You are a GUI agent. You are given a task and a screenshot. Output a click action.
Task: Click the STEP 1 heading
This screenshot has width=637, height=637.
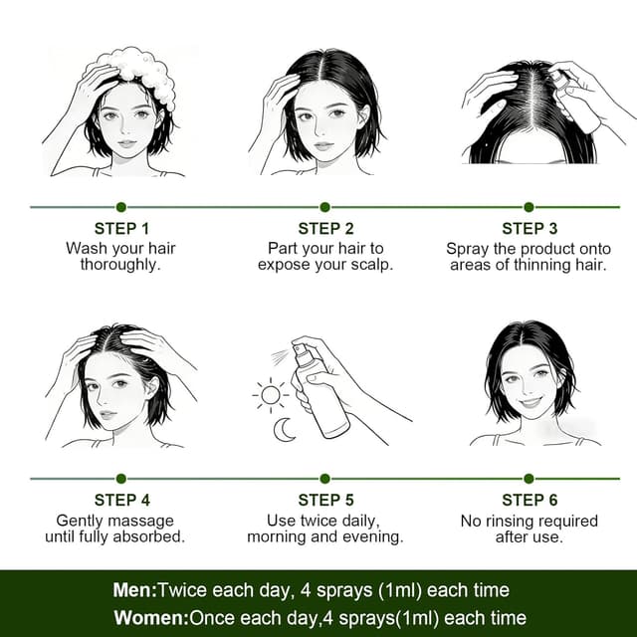click(x=121, y=229)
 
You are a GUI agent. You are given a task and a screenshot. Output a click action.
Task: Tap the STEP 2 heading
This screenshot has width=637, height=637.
click(x=325, y=229)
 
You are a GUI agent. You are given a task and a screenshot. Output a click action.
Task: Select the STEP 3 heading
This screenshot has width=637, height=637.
click(x=530, y=229)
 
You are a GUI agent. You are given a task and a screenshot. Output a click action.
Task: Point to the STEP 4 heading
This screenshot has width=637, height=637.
click(x=121, y=500)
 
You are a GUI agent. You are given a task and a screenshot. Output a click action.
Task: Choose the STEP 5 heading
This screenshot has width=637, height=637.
click(x=325, y=500)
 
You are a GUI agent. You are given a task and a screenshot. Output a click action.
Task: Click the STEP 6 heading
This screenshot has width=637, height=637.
click(x=530, y=500)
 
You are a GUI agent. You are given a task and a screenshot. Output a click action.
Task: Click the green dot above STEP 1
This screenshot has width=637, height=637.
click(x=121, y=207)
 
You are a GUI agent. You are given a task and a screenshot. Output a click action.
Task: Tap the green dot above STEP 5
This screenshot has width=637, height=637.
click(x=324, y=479)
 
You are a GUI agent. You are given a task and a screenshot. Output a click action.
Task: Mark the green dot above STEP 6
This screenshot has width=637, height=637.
click(x=529, y=479)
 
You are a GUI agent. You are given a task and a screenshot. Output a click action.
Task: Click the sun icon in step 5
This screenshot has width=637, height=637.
click(x=271, y=395)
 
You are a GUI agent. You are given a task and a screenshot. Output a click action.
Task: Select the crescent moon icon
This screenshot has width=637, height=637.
click(x=284, y=430)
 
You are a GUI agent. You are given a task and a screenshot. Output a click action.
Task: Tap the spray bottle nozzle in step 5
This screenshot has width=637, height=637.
click(x=300, y=348)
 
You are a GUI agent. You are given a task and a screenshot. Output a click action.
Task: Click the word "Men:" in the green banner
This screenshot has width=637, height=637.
click(x=135, y=590)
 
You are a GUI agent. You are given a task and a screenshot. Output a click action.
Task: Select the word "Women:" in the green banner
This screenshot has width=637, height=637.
click(x=151, y=618)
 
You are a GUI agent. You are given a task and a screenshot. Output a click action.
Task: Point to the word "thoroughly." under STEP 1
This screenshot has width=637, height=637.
click(x=120, y=265)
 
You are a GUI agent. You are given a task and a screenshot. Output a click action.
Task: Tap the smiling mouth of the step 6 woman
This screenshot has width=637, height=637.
click(x=531, y=403)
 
